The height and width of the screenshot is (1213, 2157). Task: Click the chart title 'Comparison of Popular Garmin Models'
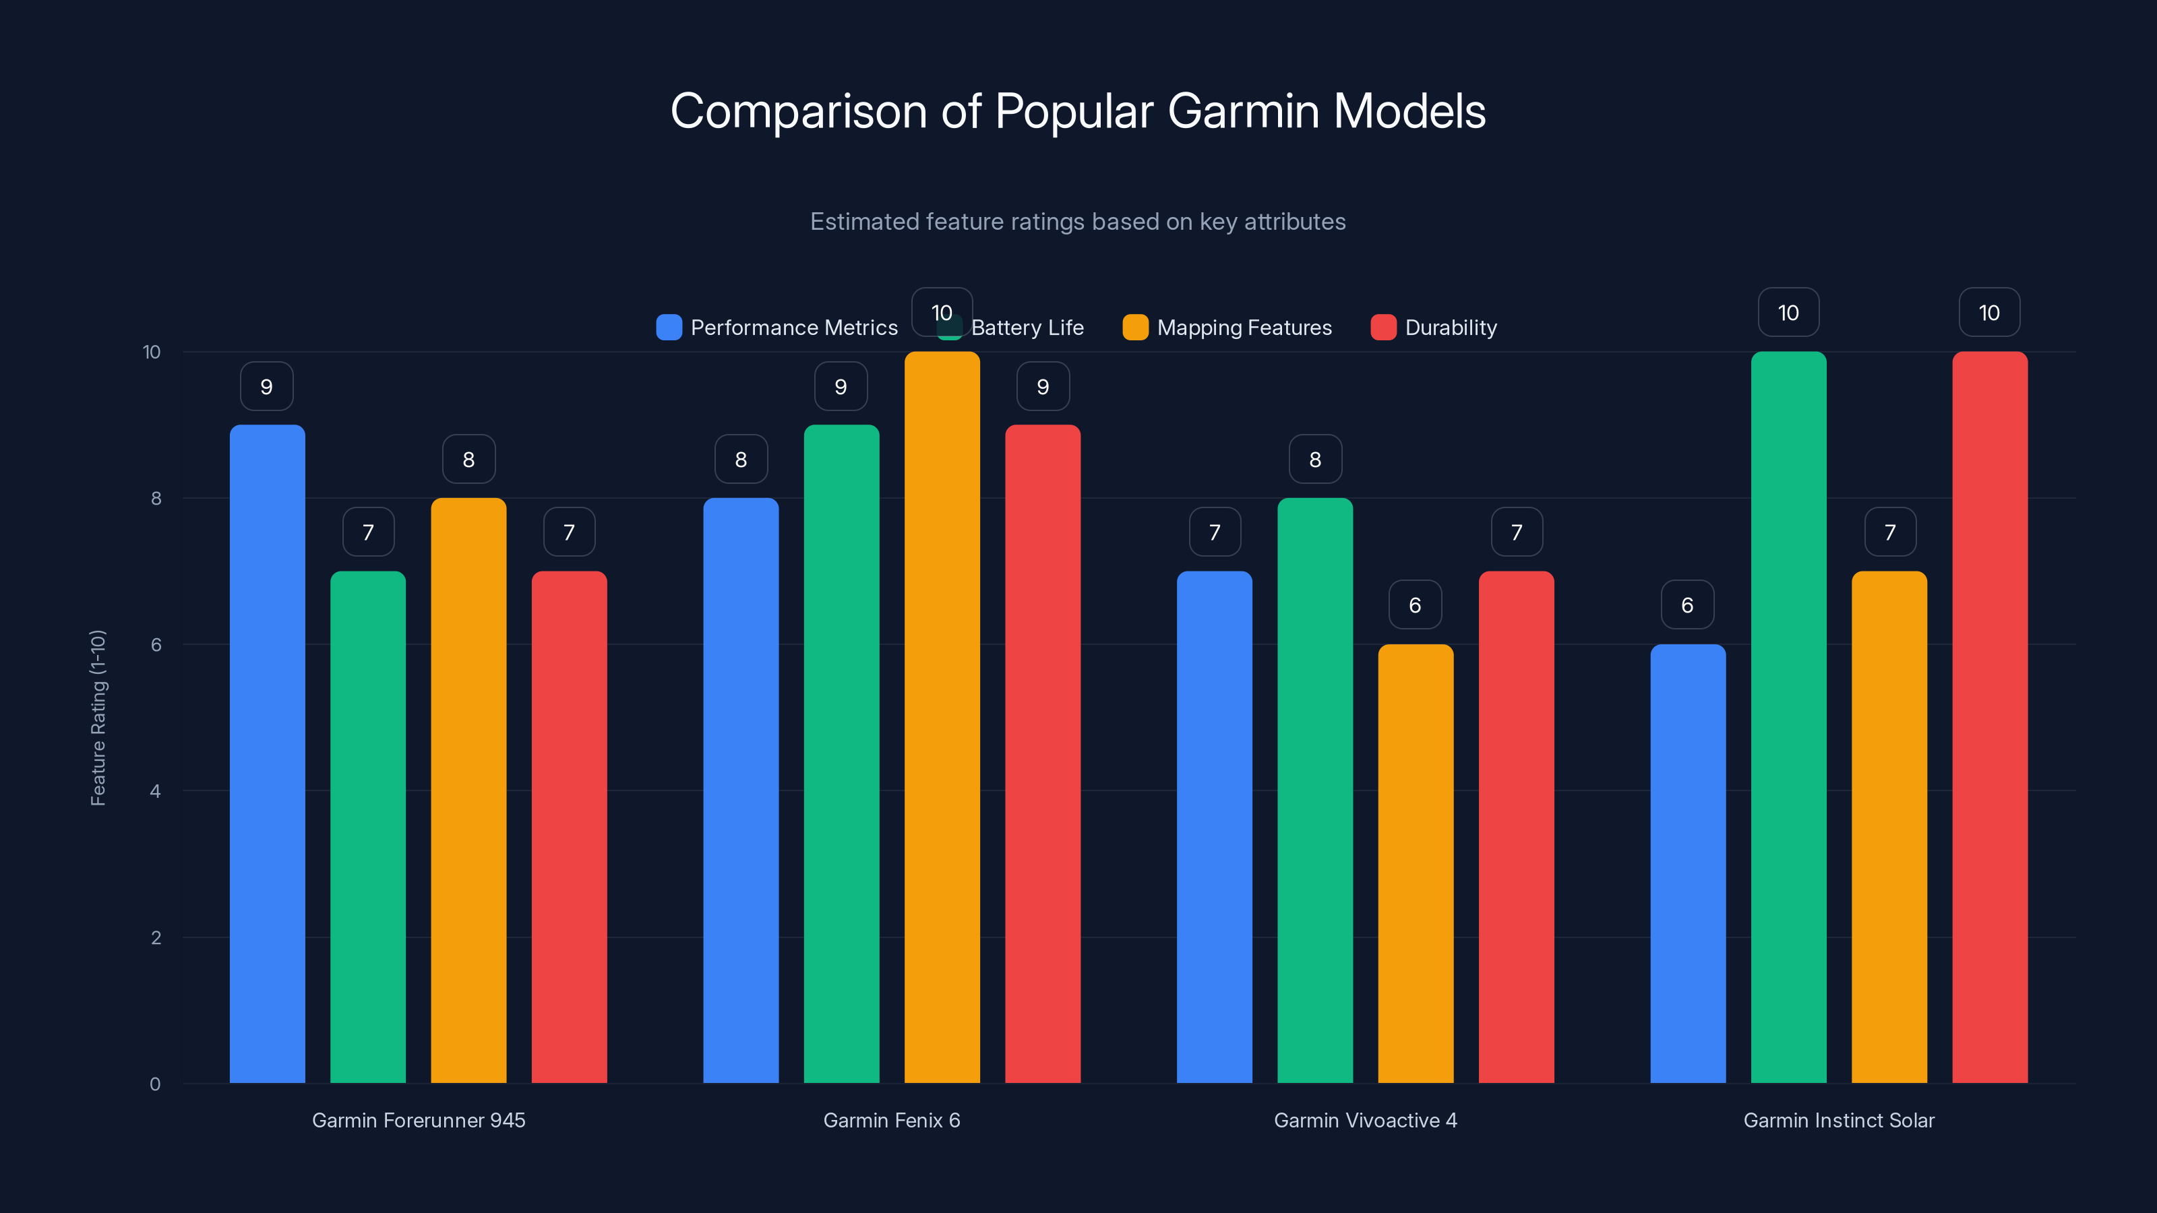1078,111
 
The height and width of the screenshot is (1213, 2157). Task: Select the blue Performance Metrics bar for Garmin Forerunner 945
267,753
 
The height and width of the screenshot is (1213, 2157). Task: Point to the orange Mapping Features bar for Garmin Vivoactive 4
1415,863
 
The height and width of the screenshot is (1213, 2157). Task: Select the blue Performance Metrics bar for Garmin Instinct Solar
1687,863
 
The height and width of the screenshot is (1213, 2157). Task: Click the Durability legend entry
1434,328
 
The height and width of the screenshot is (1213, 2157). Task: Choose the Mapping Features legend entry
1227,328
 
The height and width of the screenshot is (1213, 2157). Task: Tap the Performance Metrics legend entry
777,328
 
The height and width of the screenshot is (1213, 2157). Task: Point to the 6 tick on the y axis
156,645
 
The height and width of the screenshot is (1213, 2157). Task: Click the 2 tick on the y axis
156,937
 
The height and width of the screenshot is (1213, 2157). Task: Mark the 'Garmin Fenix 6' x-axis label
892,1120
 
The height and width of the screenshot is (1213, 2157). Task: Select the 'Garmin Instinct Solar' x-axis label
1839,1120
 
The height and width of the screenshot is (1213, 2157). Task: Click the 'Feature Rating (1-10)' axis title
98,718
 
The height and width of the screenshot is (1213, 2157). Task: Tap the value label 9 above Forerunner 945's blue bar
266,387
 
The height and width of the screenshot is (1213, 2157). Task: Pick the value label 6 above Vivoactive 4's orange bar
1415,605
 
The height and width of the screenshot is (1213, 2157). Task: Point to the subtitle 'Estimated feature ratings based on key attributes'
1078,222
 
